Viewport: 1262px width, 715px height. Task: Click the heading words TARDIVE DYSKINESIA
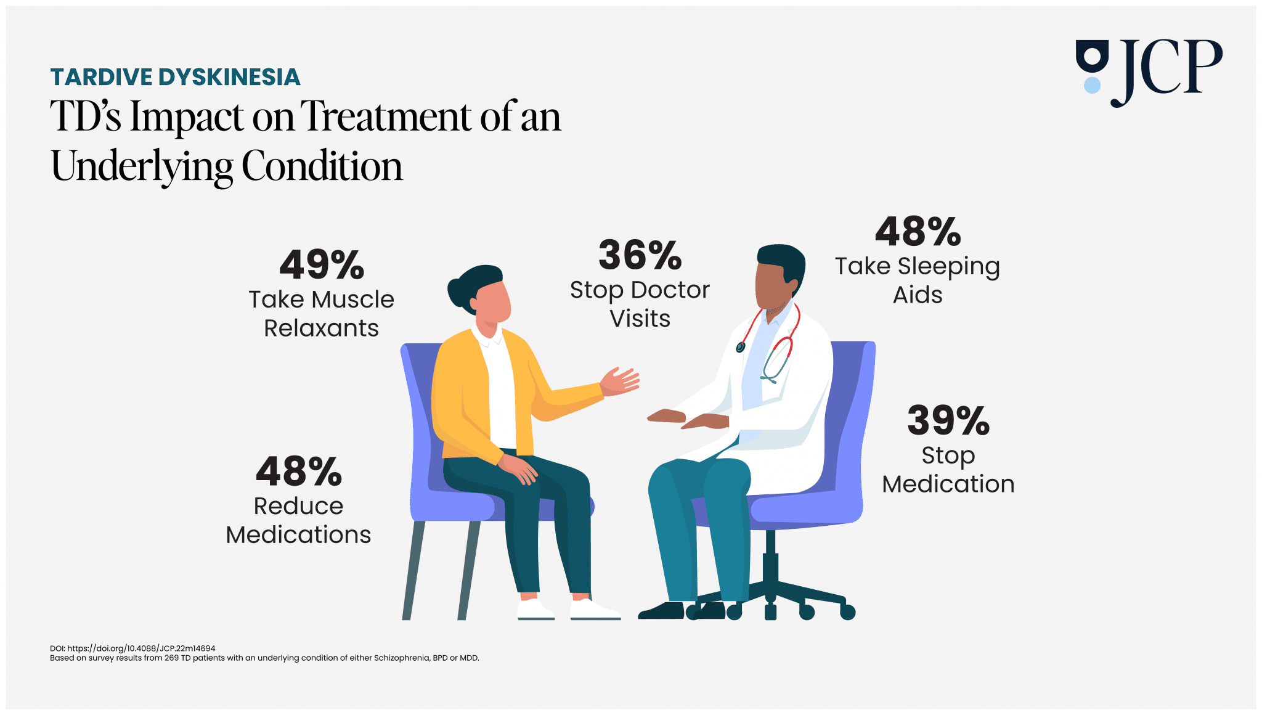click(175, 77)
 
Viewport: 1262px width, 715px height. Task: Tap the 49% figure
click(322, 265)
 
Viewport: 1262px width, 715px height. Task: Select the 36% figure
click(640, 255)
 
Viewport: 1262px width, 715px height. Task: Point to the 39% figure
click(948, 421)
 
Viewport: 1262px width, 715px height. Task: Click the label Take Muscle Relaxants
click(321, 314)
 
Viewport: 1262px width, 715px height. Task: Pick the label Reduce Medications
click(298, 520)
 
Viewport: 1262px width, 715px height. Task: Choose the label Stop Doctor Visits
click(640, 304)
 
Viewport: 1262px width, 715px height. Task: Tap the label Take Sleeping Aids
click(917, 280)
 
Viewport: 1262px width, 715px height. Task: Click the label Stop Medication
click(948, 470)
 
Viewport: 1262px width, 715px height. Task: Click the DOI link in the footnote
click(141, 648)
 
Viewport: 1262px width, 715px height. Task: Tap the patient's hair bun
click(457, 293)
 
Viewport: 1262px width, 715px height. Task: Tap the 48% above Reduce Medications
click(299, 472)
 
